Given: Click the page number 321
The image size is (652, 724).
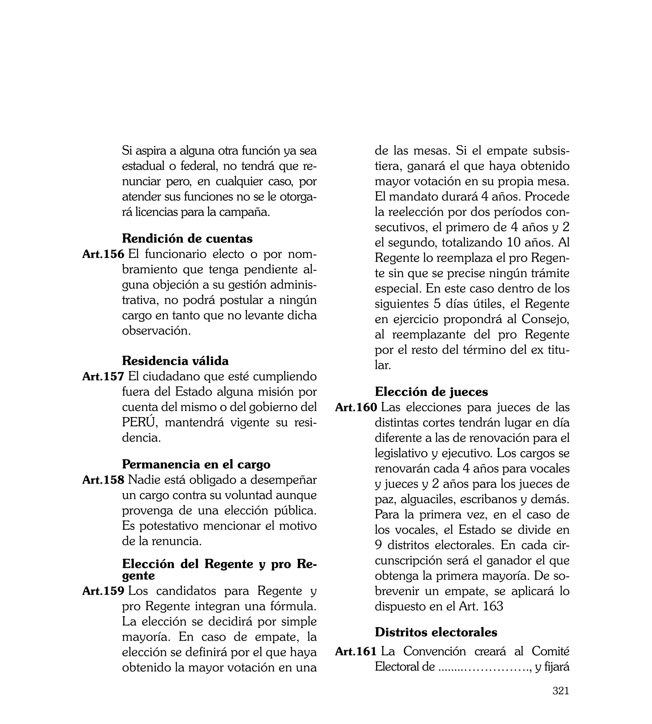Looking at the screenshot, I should (x=561, y=700).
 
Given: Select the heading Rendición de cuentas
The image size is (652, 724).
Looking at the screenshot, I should (x=187, y=238).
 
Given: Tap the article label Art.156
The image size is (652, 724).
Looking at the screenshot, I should (x=103, y=254).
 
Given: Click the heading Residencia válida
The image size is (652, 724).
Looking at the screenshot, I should (x=175, y=361).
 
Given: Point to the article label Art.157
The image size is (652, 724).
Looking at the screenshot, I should (x=103, y=377).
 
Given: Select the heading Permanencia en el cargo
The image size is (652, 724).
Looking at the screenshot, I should (x=196, y=464).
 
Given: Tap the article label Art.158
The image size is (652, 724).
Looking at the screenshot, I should (x=103, y=480).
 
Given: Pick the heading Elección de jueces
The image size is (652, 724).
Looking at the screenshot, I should (x=431, y=392).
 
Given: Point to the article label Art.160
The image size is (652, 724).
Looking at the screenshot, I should (x=356, y=407).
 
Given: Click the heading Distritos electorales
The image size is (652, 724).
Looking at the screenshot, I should (x=436, y=632).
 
